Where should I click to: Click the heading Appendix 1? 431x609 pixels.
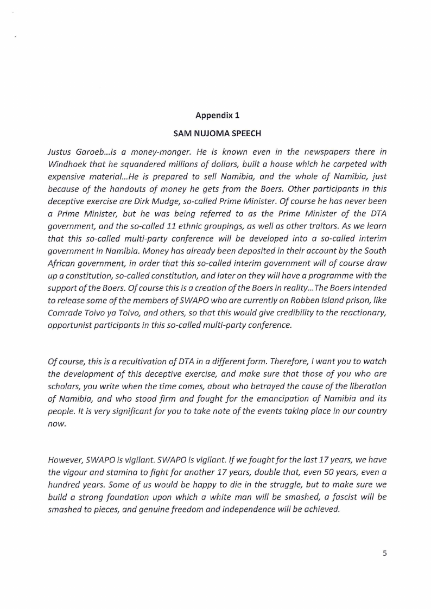pos(217,115)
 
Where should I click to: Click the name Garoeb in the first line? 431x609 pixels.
pos(88,152)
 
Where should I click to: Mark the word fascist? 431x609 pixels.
pos(343,497)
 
